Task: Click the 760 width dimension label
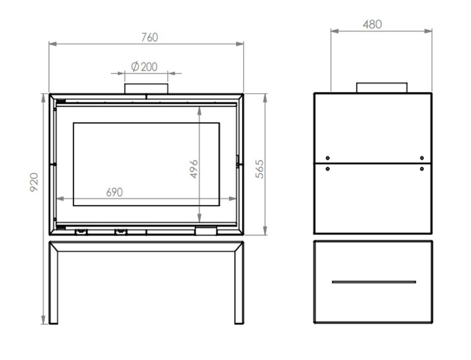(x=150, y=37)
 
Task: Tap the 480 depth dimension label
(x=372, y=25)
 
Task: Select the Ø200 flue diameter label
(x=144, y=66)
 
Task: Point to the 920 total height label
(x=34, y=182)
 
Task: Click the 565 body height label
(x=260, y=169)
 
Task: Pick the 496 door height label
(x=194, y=169)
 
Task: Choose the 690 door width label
(x=114, y=192)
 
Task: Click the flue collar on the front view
(x=146, y=89)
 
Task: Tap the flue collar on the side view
(x=382, y=88)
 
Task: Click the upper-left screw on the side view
(x=328, y=158)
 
